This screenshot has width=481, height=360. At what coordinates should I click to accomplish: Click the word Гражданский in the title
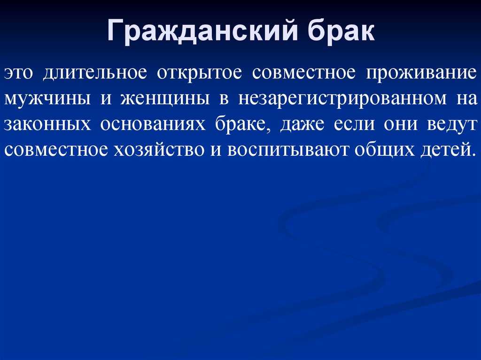(x=203, y=31)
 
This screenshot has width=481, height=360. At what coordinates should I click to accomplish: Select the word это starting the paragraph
(x=18, y=73)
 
